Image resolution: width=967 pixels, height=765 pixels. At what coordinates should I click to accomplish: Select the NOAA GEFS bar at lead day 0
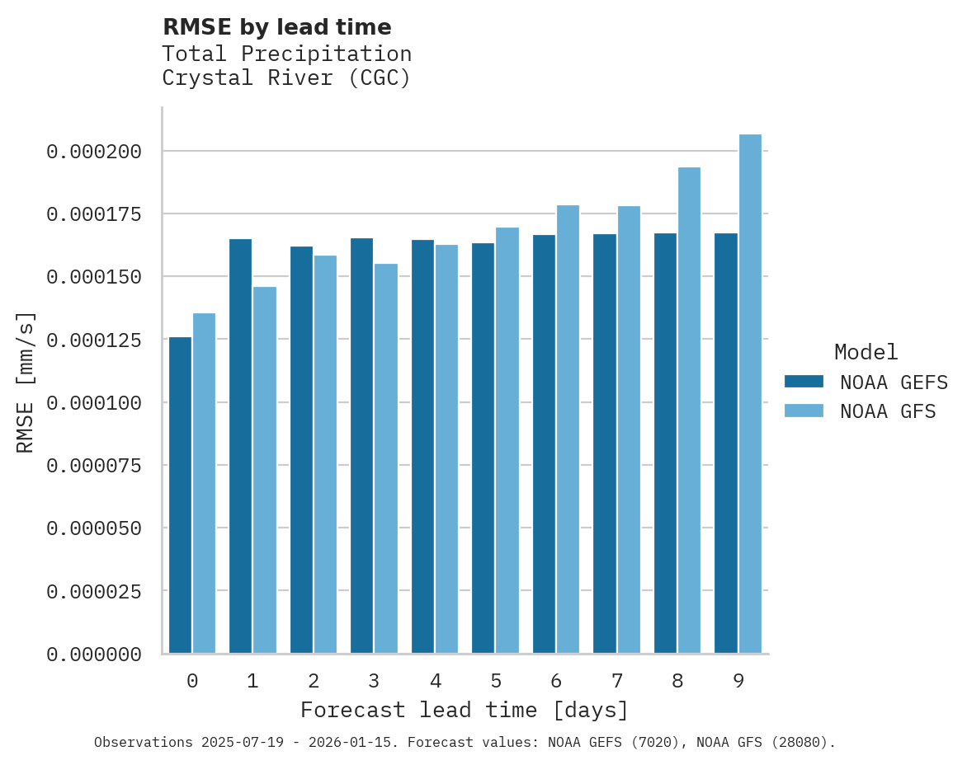pos(180,495)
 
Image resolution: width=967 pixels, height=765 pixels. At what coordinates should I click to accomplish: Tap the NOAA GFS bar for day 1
pos(265,470)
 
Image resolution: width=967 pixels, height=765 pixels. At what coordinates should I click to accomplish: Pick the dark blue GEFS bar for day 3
pos(362,445)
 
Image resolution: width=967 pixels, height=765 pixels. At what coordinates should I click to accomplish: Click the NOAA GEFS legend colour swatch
pos(804,381)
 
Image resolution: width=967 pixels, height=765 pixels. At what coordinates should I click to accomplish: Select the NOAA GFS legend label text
pos(888,411)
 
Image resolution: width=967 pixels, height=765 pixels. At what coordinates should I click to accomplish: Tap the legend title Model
pos(866,352)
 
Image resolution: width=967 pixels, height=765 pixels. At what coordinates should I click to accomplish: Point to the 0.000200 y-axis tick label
pos(94,152)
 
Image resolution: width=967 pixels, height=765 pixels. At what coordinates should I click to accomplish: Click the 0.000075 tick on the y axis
pos(94,466)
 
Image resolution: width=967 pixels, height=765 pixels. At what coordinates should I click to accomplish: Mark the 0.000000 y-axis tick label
pos(94,655)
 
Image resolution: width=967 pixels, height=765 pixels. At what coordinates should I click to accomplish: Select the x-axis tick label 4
pos(435,681)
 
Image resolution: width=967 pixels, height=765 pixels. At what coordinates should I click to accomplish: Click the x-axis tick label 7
pos(616,681)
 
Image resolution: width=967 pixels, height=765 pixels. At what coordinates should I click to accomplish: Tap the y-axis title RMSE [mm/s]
pos(26,382)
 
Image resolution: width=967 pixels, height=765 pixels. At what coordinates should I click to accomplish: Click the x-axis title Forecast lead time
pos(465,710)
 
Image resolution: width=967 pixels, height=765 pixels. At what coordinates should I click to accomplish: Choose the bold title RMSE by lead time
pos(276,27)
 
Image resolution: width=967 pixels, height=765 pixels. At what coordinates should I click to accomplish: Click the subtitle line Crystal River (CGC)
pos(286,78)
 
